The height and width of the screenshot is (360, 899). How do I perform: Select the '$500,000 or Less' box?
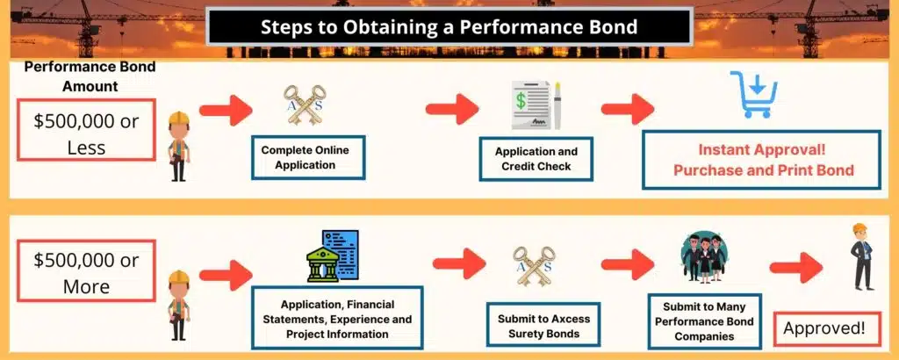click(85, 134)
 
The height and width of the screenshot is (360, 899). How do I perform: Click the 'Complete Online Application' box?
click(306, 156)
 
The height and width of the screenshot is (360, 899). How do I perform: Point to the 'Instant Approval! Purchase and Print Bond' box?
click(762, 159)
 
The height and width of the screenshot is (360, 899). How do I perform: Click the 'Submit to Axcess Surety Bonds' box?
click(537, 326)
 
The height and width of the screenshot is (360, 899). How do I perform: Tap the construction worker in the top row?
click(178, 146)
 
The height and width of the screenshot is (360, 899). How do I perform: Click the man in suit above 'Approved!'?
click(863, 256)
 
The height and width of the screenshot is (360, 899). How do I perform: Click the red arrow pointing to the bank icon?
click(227, 272)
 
